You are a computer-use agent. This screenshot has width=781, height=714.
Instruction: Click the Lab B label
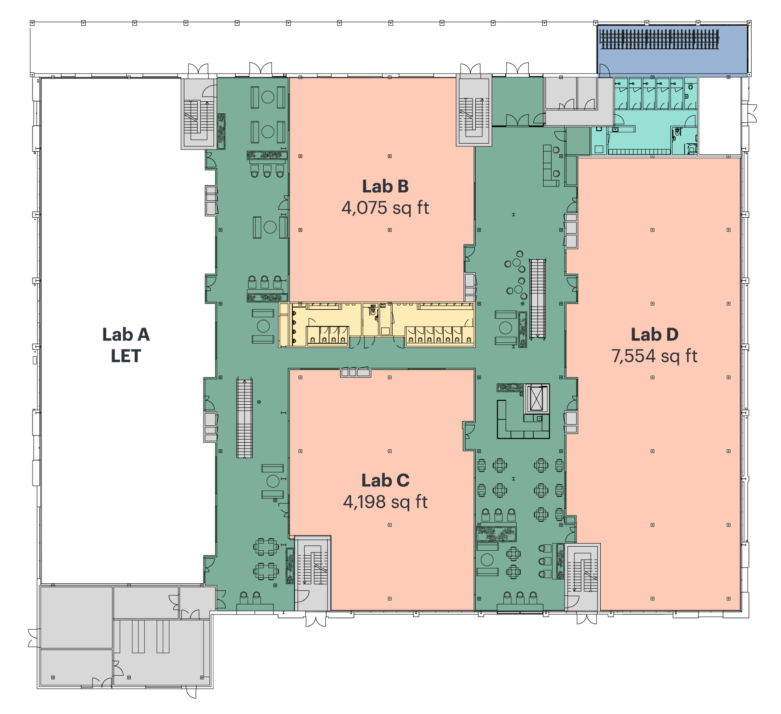(x=385, y=187)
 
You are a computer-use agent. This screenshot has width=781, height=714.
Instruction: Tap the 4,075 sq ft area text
(x=385, y=208)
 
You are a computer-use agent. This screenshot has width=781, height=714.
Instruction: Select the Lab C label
(x=385, y=481)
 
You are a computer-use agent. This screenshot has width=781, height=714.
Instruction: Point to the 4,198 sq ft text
(x=385, y=502)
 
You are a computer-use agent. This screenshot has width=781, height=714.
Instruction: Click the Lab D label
(x=654, y=335)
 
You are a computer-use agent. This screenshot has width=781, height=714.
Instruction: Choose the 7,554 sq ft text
(x=654, y=356)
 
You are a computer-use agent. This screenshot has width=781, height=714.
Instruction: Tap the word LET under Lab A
(x=126, y=356)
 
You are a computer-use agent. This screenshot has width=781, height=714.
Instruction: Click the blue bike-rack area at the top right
(x=672, y=50)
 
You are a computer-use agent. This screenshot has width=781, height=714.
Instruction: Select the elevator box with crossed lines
(x=536, y=399)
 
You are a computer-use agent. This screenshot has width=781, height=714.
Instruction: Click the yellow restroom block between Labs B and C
(x=377, y=325)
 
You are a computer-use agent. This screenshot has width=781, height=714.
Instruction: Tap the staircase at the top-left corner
(x=199, y=114)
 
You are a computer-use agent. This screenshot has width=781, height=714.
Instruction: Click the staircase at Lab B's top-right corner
(x=474, y=110)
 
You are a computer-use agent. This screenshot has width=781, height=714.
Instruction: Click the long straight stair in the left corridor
(x=244, y=417)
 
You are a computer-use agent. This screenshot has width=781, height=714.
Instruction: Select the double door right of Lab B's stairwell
(x=517, y=120)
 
